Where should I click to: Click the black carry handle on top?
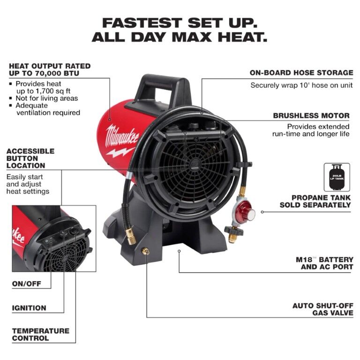point(164,85)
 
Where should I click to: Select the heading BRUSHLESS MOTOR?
point(311,115)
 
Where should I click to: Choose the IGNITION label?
point(29,308)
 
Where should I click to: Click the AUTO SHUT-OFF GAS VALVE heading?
point(322,309)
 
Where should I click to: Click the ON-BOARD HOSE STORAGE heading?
point(301,73)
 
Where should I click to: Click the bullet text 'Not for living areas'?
point(46,98)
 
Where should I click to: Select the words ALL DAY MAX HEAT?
point(180,37)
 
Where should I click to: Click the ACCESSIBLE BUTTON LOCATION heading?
point(30,158)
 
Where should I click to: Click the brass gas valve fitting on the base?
point(146,252)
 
